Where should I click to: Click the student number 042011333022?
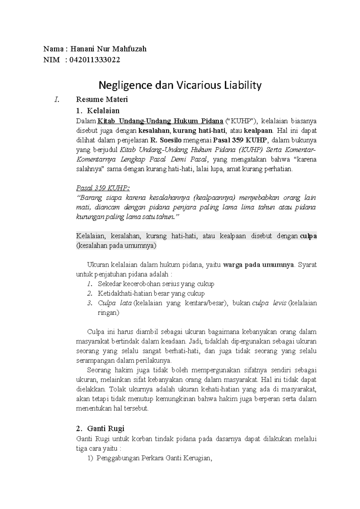94,60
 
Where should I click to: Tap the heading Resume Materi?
102,99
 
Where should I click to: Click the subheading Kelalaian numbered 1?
103,111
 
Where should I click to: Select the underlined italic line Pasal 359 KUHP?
103,188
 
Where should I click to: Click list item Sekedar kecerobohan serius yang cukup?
156,284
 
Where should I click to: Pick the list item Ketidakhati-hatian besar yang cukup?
151,293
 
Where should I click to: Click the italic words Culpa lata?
115,303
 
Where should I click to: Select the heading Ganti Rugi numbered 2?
106,428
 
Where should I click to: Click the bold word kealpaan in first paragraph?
258,131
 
